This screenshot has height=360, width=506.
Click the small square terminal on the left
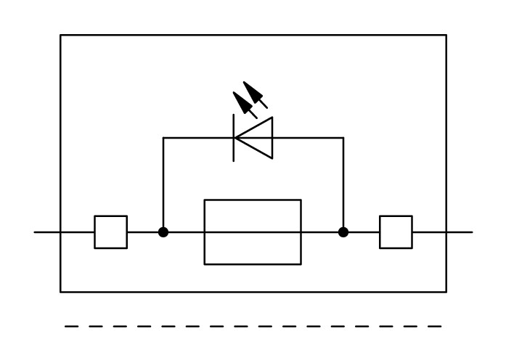110,232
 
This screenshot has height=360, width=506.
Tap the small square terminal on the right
396,232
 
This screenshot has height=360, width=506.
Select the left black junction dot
163,232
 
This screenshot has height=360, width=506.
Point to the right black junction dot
343,232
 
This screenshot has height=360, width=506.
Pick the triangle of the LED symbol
256,137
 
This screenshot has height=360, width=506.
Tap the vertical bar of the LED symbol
234,137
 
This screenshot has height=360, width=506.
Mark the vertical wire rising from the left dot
163,185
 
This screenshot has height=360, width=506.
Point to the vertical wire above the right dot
343,185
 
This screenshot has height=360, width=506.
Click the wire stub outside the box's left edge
47,232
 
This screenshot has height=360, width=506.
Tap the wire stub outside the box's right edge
460,232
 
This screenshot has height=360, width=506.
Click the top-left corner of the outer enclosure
60,35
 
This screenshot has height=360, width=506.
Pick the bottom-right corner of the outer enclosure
446,292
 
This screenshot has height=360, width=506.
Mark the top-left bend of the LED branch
163,137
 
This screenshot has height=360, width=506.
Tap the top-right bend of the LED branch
343,137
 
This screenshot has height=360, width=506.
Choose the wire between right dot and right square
362,232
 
